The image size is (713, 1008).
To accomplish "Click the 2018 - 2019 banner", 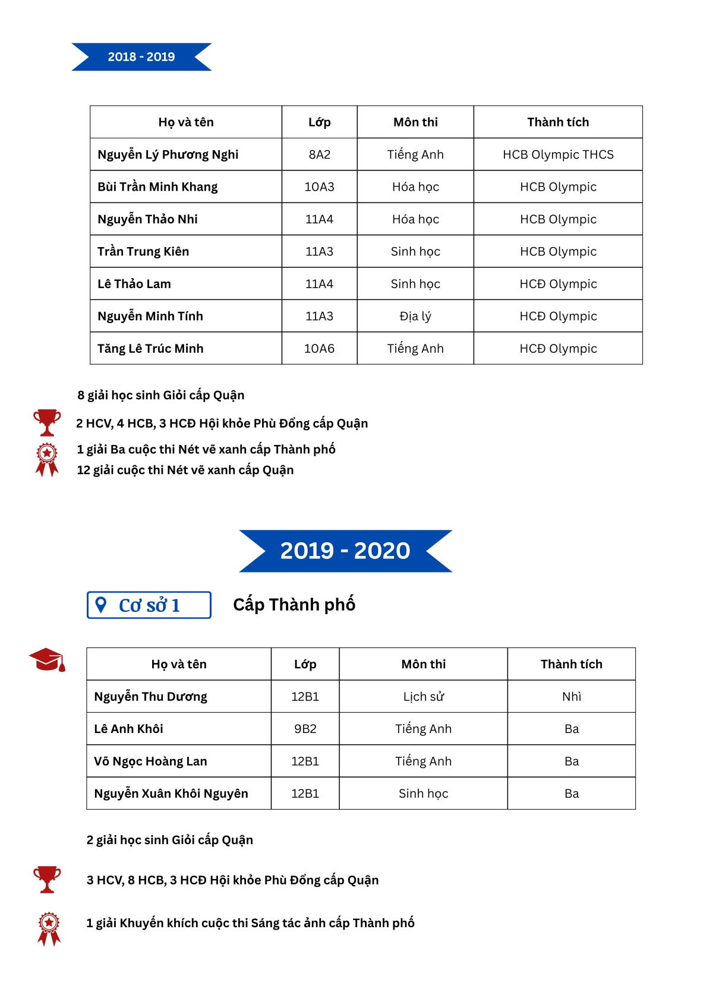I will tap(141, 57).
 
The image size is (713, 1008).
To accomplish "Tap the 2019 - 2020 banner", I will tap(345, 551).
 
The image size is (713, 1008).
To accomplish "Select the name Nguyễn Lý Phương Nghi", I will tap(168, 154).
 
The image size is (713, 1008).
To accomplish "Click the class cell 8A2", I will tap(319, 154).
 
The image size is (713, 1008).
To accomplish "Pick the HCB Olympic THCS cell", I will tap(558, 154).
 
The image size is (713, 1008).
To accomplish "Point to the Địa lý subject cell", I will tap(415, 316).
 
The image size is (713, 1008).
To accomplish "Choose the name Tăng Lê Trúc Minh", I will tap(150, 349).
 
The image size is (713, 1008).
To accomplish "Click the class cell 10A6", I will tap(319, 349).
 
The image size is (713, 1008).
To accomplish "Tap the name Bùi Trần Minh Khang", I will tap(157, 187).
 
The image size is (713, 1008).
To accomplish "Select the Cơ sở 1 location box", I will tap(149, 605).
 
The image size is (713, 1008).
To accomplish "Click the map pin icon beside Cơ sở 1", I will tap(101, 605).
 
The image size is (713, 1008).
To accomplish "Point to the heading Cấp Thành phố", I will tap(294, 605).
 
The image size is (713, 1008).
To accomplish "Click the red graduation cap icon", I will tap(47, 660).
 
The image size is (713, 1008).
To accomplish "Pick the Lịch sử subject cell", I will tap(423, 697).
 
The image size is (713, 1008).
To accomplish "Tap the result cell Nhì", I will tap(572, 697).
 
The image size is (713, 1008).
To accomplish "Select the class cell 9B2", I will tap(305, 729).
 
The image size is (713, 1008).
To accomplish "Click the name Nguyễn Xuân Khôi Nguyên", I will tap(171, 794).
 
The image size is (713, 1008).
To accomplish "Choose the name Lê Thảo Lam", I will tap(134, 284).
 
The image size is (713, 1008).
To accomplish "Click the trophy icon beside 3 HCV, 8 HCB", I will tap(47, 879).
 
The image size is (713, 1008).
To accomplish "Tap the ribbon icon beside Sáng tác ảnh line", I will tap(49, 928).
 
